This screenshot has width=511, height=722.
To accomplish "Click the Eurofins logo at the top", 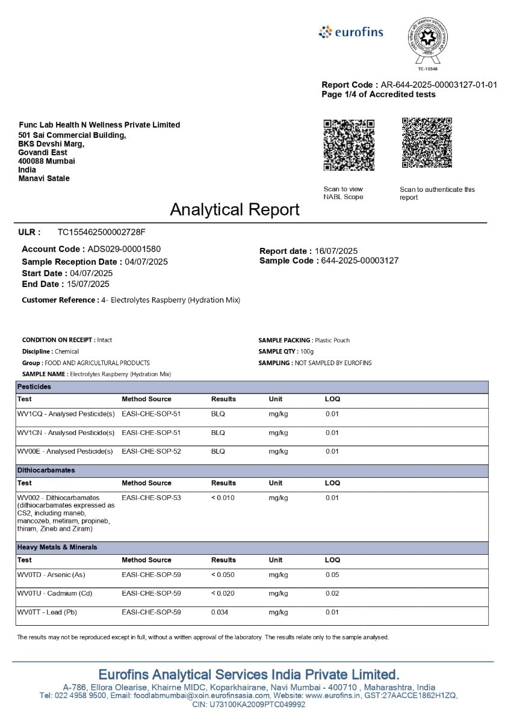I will (x=351, y=32).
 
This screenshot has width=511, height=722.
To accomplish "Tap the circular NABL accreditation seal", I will (x=427, y=39).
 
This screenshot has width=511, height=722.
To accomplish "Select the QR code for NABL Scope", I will (x=348, y=144).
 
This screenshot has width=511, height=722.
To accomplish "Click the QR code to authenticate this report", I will (x=427, y=143).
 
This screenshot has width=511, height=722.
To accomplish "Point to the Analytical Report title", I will (x=234, y=209).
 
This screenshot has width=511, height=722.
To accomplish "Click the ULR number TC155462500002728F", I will (x=101, y=232).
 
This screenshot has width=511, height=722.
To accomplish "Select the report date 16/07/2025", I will (x=336, y=251).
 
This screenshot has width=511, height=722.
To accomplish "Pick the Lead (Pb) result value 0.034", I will (x=220, y=612).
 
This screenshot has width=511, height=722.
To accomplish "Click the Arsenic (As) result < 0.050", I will (x=223, y=575).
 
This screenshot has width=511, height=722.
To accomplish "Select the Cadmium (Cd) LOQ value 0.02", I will (x=332, y=593).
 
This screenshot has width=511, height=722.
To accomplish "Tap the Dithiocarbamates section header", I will (x=46, y=470).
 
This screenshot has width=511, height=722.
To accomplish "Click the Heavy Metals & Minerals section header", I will (x=57, y=547).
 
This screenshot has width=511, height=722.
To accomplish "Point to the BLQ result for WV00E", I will (x=218, y=451).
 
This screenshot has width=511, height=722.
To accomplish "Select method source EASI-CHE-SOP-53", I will (x=151, y=498).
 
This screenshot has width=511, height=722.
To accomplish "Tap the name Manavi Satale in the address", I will (x=44, y=179).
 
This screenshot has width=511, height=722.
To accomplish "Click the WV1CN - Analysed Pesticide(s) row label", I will (x=66, y=433).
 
